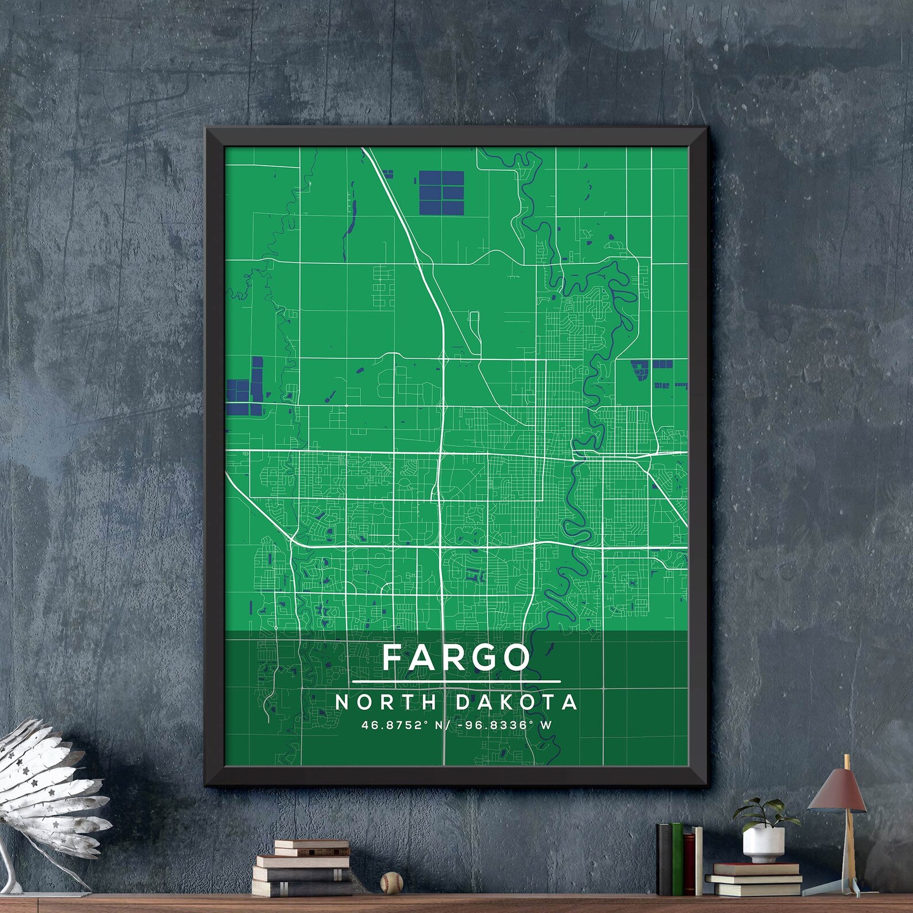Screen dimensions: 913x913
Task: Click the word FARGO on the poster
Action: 456,657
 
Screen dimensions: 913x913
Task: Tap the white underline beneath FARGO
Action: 456,682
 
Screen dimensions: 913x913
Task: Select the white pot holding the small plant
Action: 763,844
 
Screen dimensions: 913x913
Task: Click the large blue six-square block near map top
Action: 442,191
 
